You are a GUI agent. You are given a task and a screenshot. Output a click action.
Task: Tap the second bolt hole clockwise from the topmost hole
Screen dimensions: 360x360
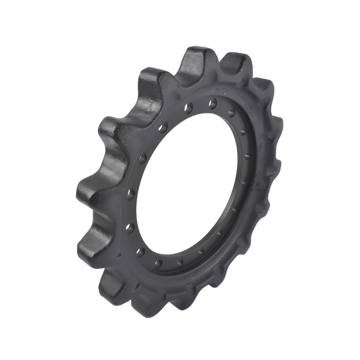[x=243, y=132]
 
